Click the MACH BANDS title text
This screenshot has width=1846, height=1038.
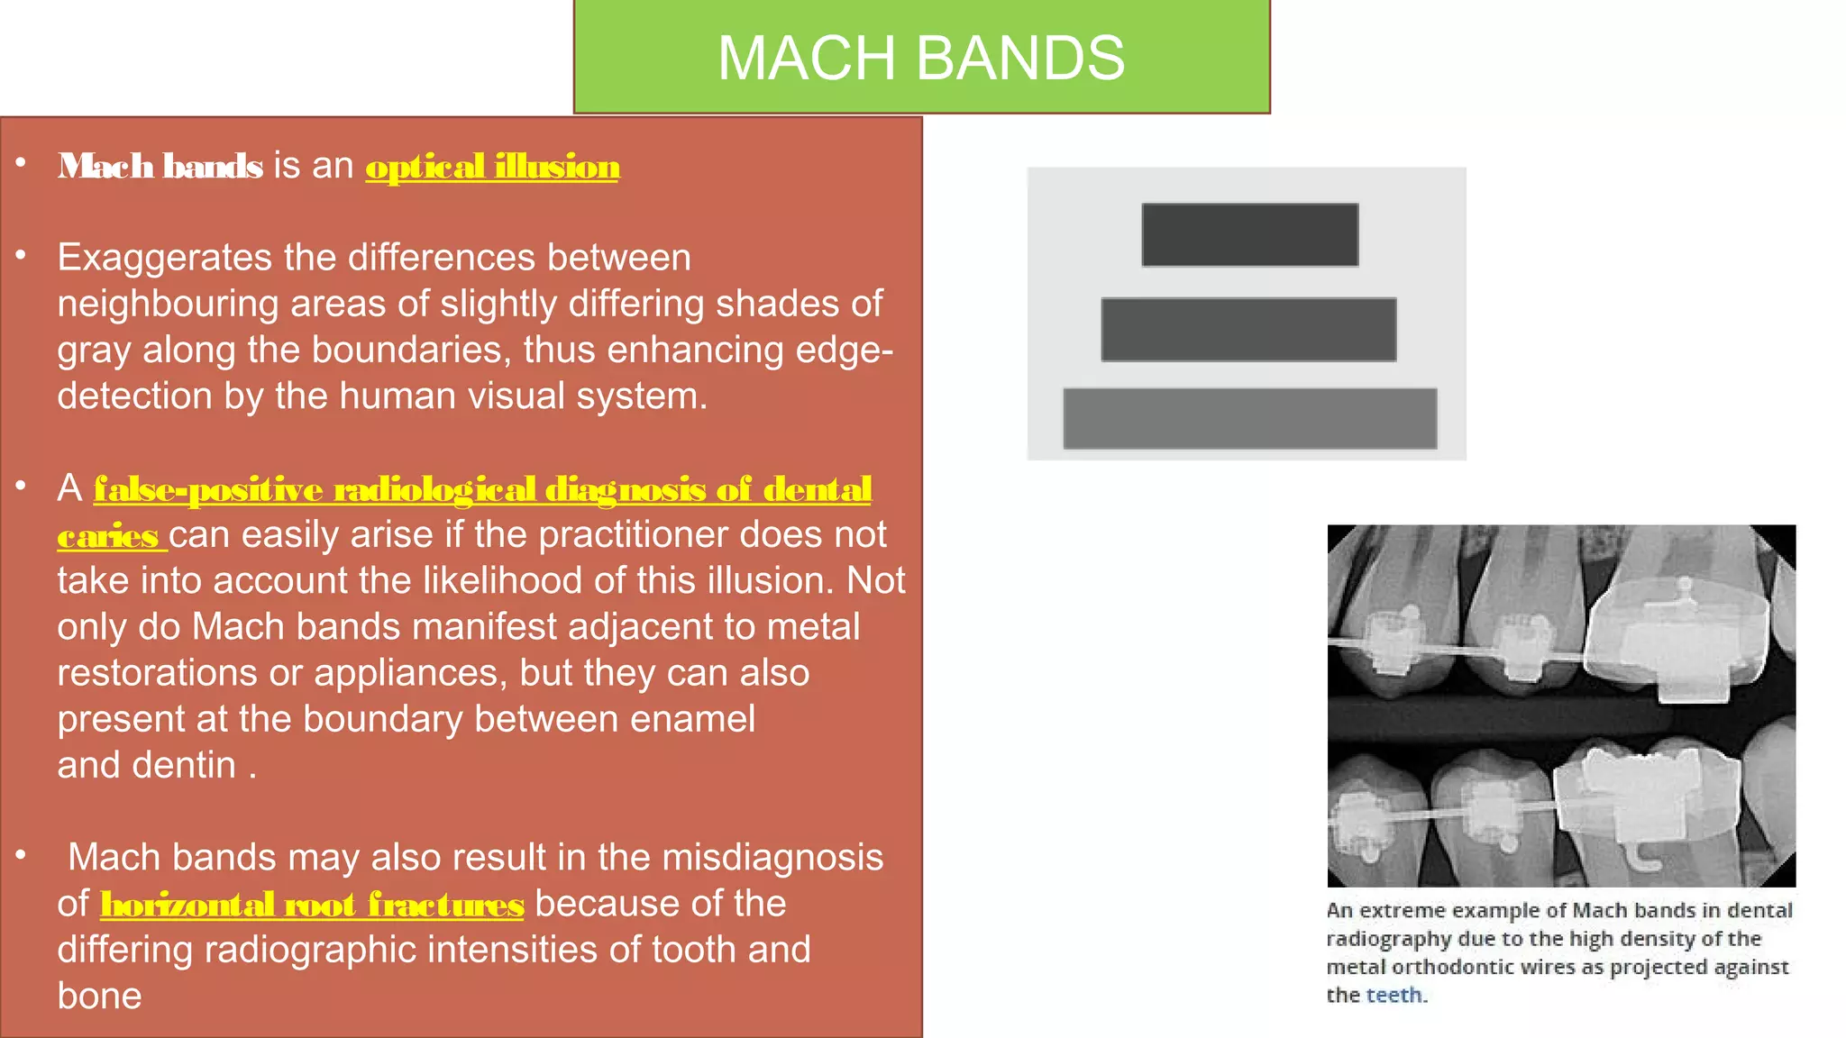pyautogui.click(x=920, y=59)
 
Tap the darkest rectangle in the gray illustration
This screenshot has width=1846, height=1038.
pyautogui.click(x=1249, y=234)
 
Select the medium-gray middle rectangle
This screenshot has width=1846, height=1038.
pyautogui.click(x=1248, y=330)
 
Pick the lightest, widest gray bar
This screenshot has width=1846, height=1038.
pyautogui.click(x=1249, y=419)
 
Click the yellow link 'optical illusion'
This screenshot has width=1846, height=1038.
pyautogui.click(x=492, y=168)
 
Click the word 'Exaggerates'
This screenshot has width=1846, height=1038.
pyautogui.click(x=165, y=259)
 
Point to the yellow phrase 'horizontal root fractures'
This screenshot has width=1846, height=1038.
pyautogui.click(x=312, y=905)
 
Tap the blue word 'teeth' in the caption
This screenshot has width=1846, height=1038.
pyautogui.click(x=1394, y=995)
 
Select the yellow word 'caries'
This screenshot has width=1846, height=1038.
pyautogui.click(x=108, y=537)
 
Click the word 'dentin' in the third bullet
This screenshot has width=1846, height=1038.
pyautogui.click(x=184, y=765)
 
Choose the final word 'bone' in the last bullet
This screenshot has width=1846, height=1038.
pyautogui.click(x=99, y=997)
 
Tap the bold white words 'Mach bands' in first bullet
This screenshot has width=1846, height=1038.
pyautogui.click(x=160, y=167)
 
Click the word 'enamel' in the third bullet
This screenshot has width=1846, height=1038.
pyautogui.click(x=691, y=719)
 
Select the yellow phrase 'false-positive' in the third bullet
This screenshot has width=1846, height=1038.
pyautogui.click(x=208, y=489)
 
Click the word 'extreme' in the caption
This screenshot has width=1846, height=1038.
pyautogui.click(x=1412, y=910)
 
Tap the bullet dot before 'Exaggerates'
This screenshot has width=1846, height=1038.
pyautogui.click(x=21, y=255)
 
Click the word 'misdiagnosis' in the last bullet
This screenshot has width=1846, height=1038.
pyautogui.click(x=772, y=858)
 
